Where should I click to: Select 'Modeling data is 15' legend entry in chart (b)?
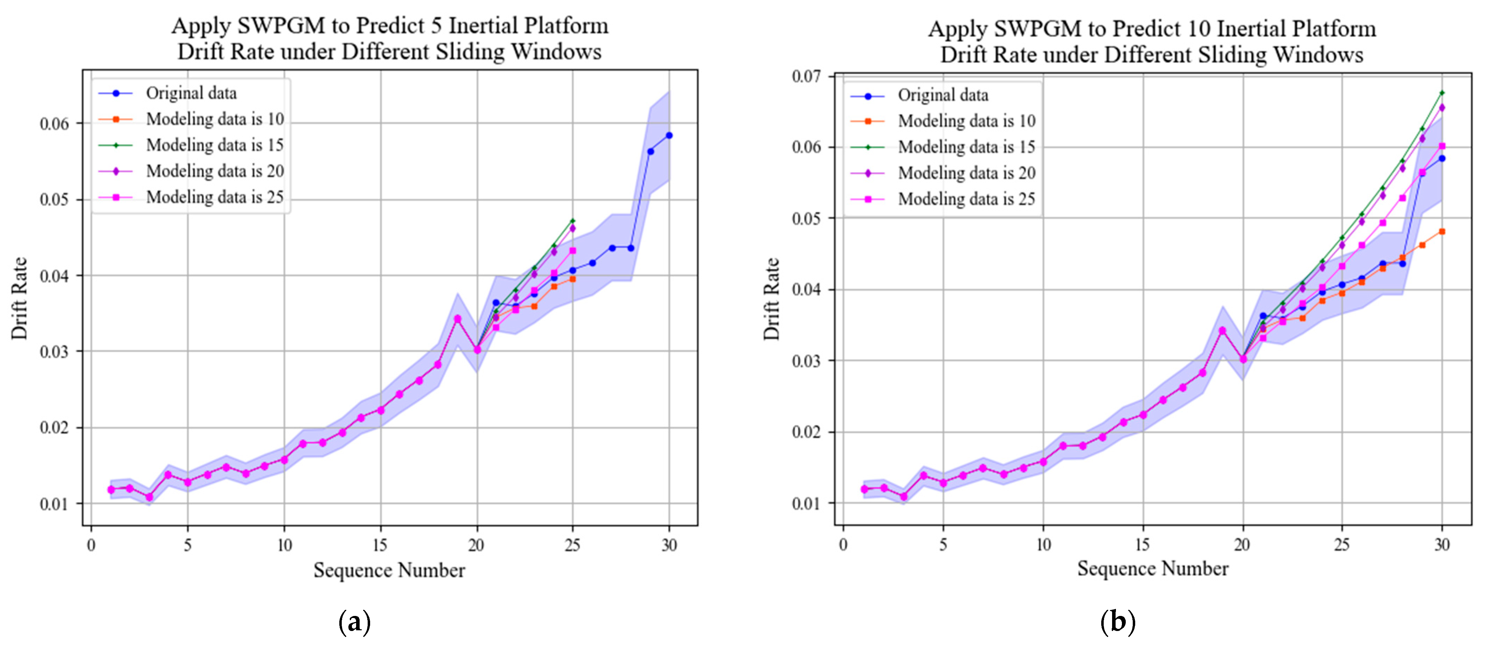coord(966,147)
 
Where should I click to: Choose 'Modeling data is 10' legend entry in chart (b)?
coord(966,121)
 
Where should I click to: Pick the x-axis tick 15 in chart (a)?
coord(380,545)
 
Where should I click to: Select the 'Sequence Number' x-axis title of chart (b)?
coord(1152,569)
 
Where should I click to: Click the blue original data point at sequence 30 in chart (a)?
coord(669,136)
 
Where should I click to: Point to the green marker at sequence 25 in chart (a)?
coord(573,221)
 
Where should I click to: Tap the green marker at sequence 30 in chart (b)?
coord(1442,93)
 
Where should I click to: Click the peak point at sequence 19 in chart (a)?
coord(457,319)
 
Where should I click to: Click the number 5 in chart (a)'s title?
coord(436,26)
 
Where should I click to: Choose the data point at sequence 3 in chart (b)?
coord(903,496)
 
